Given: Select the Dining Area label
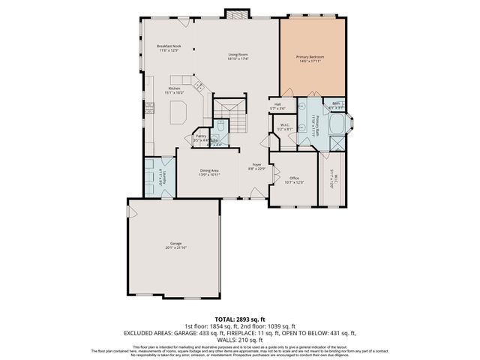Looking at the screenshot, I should (209, 172).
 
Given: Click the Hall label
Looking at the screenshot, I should (277, 106).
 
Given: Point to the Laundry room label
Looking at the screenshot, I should (160, 176).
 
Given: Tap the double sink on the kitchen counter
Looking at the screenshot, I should (200, 87).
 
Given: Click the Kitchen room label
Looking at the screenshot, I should (174, 90).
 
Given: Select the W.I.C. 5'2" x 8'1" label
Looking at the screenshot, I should (285, 127).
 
